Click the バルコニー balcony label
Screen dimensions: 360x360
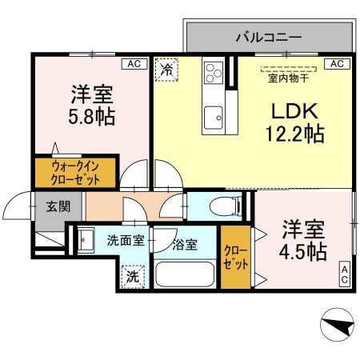click(268, 37)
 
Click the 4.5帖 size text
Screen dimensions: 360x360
click(303, 251)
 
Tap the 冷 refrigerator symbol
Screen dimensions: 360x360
click(166, 70)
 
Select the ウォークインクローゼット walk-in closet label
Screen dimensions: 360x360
click(74, 172)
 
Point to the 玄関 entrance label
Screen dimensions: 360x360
click(57, 206)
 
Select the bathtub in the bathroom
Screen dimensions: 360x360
click(186, 274)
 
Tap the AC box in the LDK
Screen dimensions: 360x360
click(336, 63)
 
